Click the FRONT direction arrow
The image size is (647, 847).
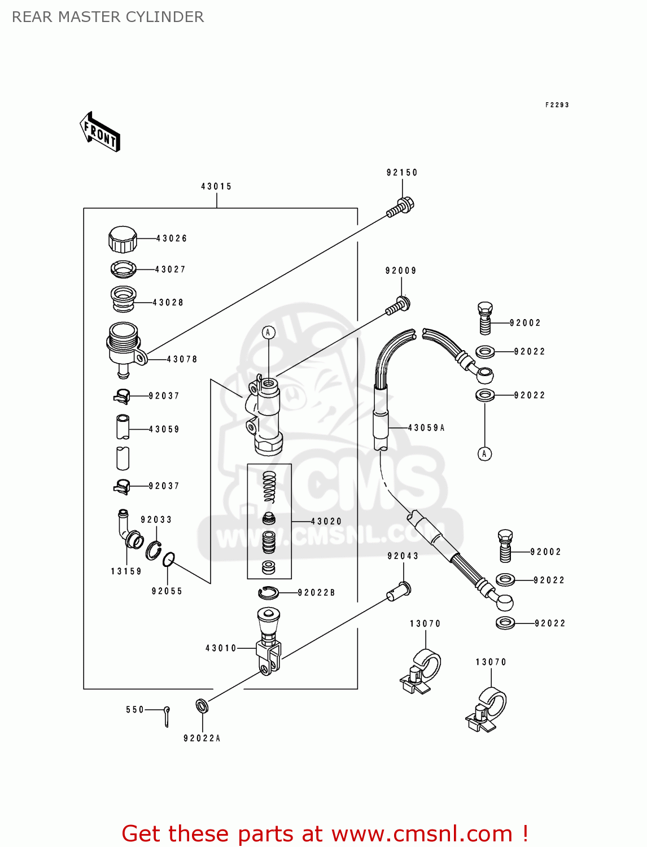tap(100, 132)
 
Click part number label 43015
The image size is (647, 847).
tap(216, 186)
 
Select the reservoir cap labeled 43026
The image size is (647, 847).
tap(123, 239)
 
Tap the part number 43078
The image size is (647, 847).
tap(182, 359)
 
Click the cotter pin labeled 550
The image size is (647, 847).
tap(167, 716)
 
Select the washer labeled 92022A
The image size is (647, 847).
tap(202, 706)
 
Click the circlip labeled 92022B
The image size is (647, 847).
tap(268, 592)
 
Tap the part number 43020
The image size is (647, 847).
tap(326, 521)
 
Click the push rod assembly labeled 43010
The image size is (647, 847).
tap(268, 644)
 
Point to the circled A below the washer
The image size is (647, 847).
tap(484, 453)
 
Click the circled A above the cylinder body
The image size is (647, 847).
tap(269, 333)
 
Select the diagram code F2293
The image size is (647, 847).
tap(557, 105)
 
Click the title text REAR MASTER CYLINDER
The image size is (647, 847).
tap(108, 17)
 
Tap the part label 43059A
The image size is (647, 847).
tap(426, 428)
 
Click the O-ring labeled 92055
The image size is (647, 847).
tap(168, 560)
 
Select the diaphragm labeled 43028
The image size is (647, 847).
tap(123, 299)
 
